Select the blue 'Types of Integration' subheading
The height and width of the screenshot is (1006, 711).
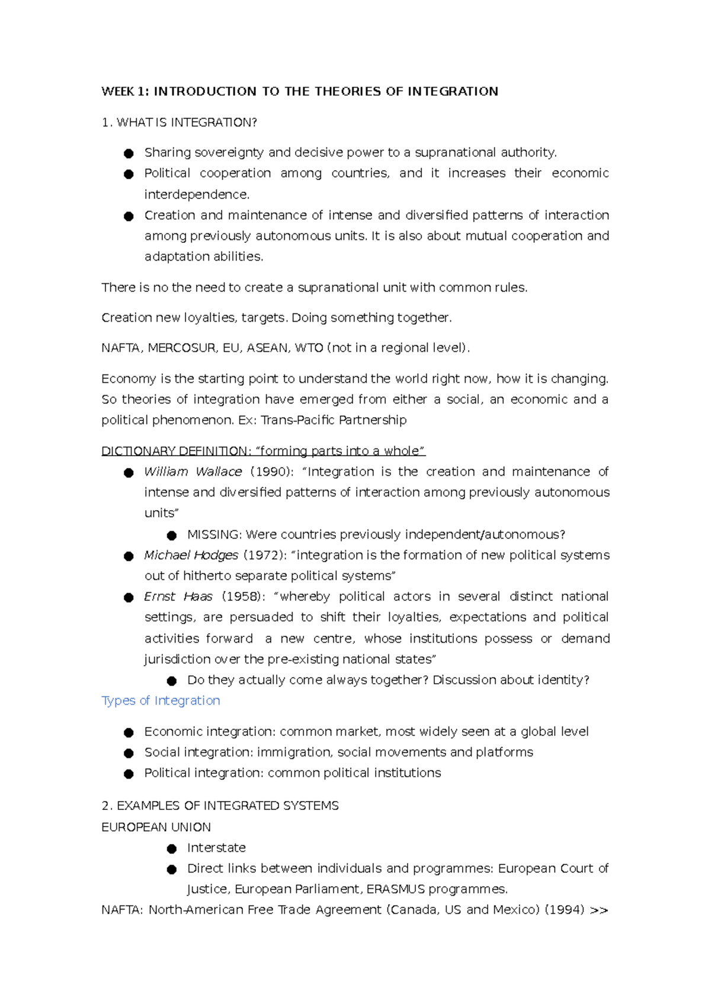[161, 700]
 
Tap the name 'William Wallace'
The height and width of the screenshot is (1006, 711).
[193, 472]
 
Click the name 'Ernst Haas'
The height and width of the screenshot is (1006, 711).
[178, 597]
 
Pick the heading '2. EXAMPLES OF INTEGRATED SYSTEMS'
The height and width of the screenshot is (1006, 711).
[220, 806]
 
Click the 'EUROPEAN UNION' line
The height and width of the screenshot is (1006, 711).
[156, 827]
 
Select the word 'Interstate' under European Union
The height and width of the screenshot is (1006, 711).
[216, 848]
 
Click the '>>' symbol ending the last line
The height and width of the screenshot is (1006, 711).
[599, 910]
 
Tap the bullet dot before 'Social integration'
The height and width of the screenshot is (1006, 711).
[129, 753]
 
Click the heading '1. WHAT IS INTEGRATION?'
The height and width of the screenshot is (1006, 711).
[179, 123]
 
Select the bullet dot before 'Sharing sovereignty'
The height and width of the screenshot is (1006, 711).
[129, 153]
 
